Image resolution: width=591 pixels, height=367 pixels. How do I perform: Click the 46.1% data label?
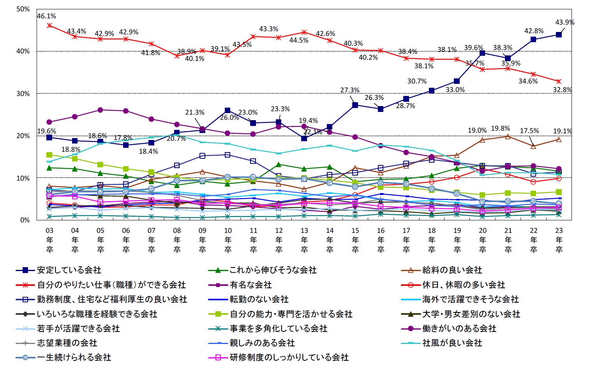click(46, 16)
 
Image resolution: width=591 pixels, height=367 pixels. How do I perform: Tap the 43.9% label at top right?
click(565, 23)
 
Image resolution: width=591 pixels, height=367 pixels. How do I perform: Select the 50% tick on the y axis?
click(23, 9)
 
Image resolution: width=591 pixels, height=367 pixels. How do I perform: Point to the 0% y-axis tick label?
click(25, 220)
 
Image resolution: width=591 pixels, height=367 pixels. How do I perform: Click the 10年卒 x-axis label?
click(228, 240)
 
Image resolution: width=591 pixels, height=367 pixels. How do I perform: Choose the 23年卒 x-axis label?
click(559, 240)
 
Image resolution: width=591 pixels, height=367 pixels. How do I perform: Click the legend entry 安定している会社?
click(69, 270)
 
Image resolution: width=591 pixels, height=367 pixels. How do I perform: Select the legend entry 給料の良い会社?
click(452, 270)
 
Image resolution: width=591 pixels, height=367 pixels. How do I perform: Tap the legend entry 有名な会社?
click(251, 285)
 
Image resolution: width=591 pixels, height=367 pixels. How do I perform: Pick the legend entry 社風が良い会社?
click(452, 343)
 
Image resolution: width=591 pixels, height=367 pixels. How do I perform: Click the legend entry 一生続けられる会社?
click(74, 357)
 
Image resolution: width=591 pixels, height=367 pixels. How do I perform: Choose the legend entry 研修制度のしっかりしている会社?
click(289, 357)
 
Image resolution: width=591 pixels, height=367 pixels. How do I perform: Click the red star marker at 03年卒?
click(49, 25)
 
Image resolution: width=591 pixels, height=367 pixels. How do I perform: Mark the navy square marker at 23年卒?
click(559, 35)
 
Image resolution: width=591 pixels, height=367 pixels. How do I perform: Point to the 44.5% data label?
click(299, 40)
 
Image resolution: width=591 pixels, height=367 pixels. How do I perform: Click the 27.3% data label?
click(349, 90)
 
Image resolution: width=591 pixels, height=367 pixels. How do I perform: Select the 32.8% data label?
click(562, 90)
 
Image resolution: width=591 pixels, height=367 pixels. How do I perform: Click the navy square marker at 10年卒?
click(228, 111)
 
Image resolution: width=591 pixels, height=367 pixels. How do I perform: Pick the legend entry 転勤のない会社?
click(259, 299)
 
